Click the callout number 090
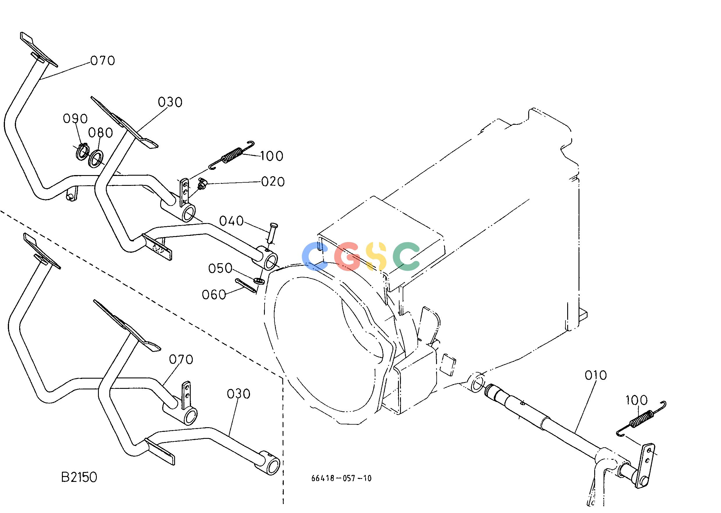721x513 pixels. tap(75, 119)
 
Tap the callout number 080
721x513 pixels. tap(100, 133)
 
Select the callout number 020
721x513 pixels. tap(273, 182)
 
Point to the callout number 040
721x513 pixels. tap(231, 221)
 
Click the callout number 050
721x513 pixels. tap(220, 268)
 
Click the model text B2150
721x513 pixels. tap(79, 477)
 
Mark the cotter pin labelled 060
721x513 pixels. tap(245, 286)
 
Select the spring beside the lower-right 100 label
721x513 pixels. tap(641, 421)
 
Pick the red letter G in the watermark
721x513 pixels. tap(348, 256)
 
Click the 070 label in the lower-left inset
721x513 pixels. tap(181, 359)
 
